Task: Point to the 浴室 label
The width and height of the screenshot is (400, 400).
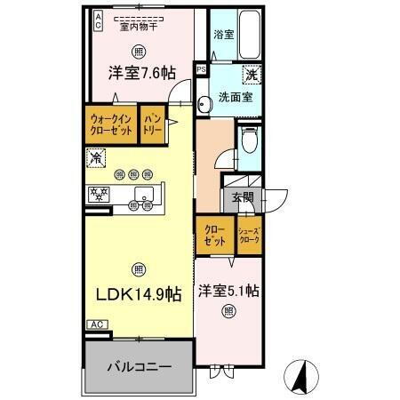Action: pos(224,35)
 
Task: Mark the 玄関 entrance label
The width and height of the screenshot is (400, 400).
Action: pos(243,198)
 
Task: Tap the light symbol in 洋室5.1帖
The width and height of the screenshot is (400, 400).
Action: pos(229,310)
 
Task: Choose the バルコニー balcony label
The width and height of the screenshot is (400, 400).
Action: pos(138,366)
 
